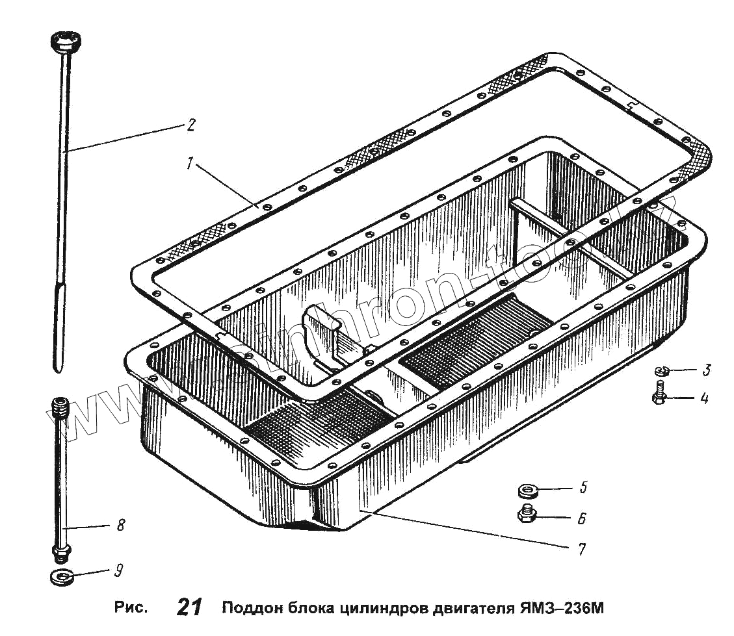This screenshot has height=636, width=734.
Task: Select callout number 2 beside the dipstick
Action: pos(190,125)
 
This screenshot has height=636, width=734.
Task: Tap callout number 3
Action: pos(706,371)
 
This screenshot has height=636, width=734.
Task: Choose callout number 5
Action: pos(583,487)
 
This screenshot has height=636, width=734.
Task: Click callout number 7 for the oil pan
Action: pos(581,549)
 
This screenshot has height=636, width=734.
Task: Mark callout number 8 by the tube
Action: pos(120,526)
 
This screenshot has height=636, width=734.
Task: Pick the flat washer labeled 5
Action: pos(527,489)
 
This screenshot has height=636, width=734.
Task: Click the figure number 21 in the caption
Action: pos(189,609)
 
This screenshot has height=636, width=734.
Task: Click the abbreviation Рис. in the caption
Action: pos(132,609)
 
